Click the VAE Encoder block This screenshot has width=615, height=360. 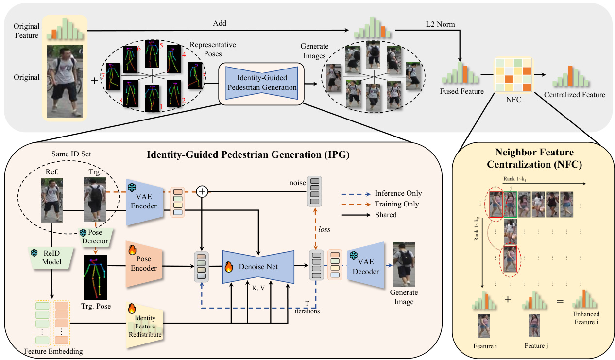(x=144, y=201)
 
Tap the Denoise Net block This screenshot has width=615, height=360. (x=257, y=266)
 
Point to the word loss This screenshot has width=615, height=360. (x=325, y=228)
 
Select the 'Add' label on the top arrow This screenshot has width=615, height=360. (x=220, y=23)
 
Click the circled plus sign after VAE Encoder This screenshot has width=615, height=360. (x=202, y=192)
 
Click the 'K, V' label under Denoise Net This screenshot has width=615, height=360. (x=258, y=287)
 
